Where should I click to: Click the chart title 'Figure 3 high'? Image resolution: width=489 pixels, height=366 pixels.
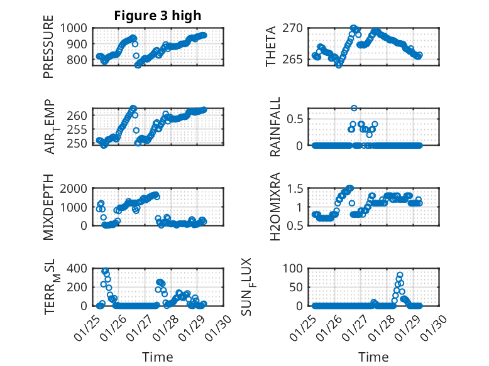pos(158,16)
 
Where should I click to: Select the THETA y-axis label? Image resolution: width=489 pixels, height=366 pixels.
pos(271,47)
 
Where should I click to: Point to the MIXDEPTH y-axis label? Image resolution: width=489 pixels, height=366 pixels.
pos(48,207)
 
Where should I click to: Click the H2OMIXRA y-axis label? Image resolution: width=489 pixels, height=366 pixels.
pos(275,207)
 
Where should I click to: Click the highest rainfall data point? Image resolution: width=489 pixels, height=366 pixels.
pos(354,108)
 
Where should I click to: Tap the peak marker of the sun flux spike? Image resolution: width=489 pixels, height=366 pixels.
pos(400,275)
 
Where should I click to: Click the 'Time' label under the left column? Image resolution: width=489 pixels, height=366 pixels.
pos(158,357)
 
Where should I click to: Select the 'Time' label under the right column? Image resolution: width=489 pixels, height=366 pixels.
pos(373,357)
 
